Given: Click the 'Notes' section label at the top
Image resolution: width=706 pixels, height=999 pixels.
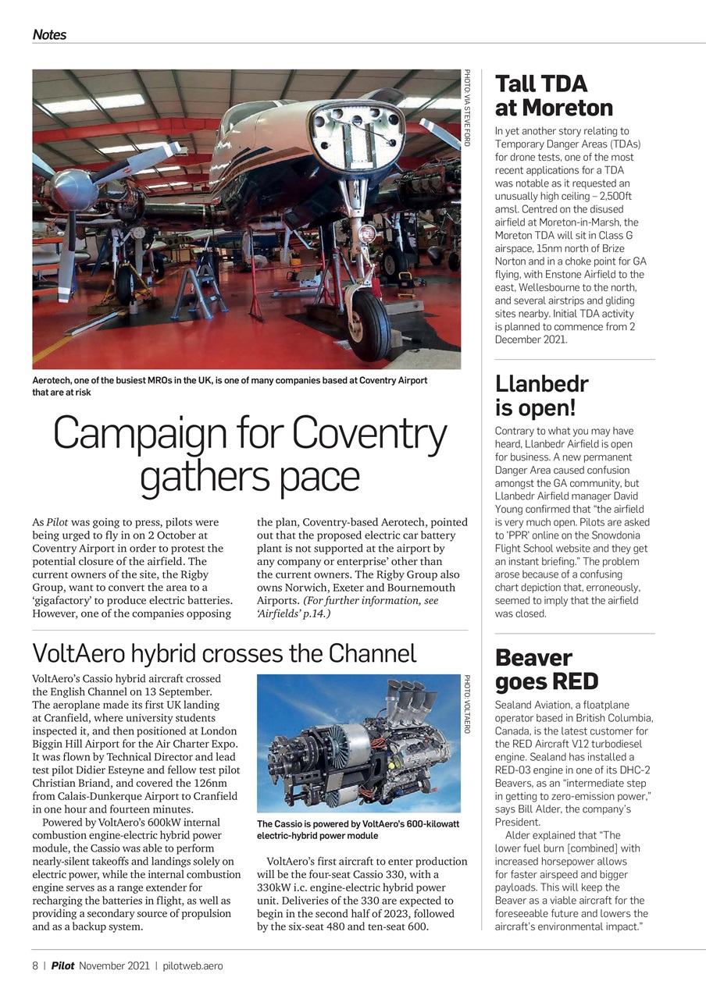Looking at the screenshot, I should [49, 35].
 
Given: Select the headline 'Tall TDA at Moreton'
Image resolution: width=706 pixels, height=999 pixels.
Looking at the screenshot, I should [554, 95].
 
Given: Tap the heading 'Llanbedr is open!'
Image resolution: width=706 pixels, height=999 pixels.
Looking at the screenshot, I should [541, 395].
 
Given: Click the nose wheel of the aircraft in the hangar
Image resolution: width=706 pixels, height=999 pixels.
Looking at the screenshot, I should [369, 322].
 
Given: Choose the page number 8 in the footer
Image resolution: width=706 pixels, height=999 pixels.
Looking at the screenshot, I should [35, 965].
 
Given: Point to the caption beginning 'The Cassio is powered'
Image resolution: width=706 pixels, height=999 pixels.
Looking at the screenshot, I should [358, 830].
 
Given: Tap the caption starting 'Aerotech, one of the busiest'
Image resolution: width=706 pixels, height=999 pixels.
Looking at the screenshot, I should [230, 386].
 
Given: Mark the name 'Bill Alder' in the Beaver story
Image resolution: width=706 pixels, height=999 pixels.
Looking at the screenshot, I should [566, 809].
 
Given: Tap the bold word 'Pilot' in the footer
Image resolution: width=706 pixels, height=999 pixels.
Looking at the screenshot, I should [62, 965].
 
